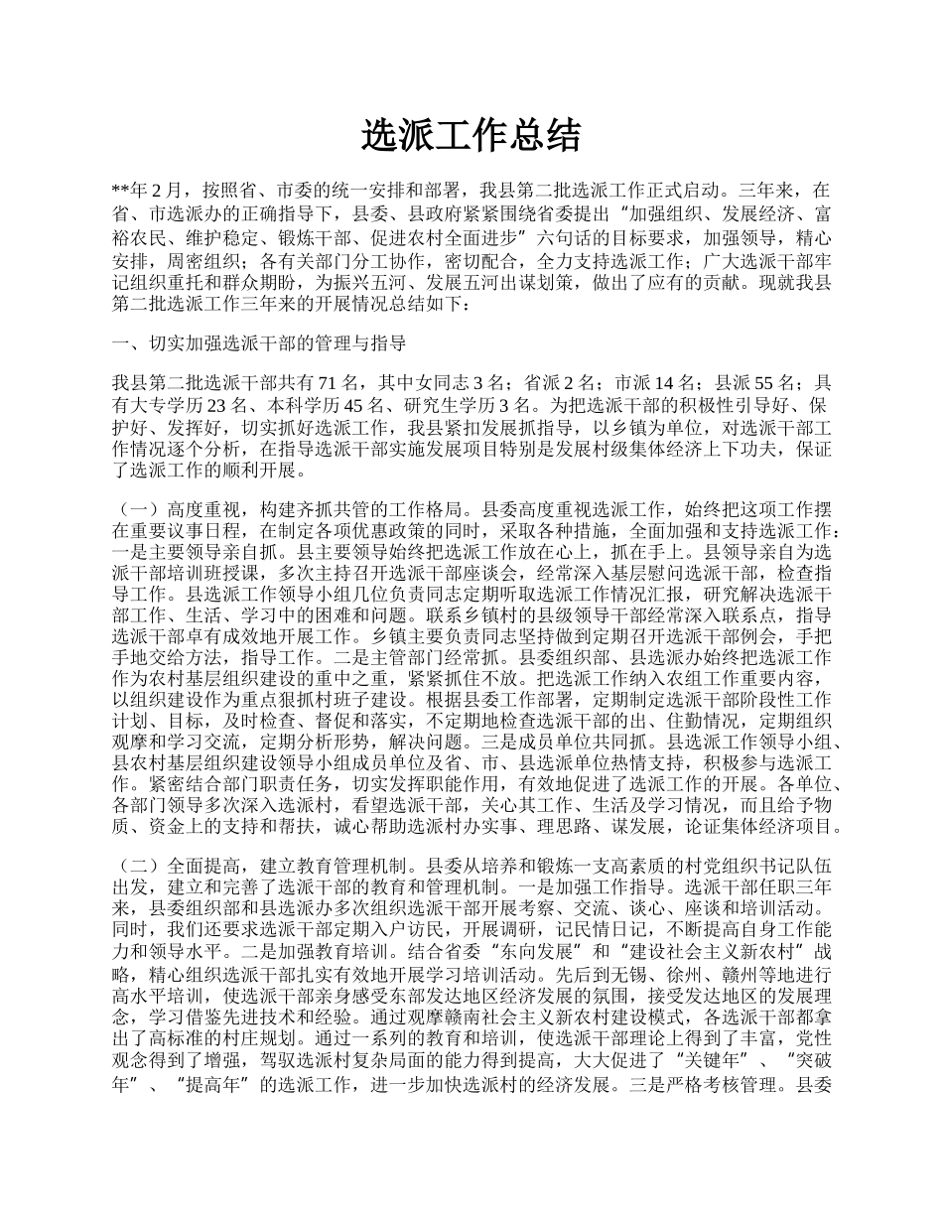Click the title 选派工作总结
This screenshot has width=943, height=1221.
(x=471, y=136)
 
